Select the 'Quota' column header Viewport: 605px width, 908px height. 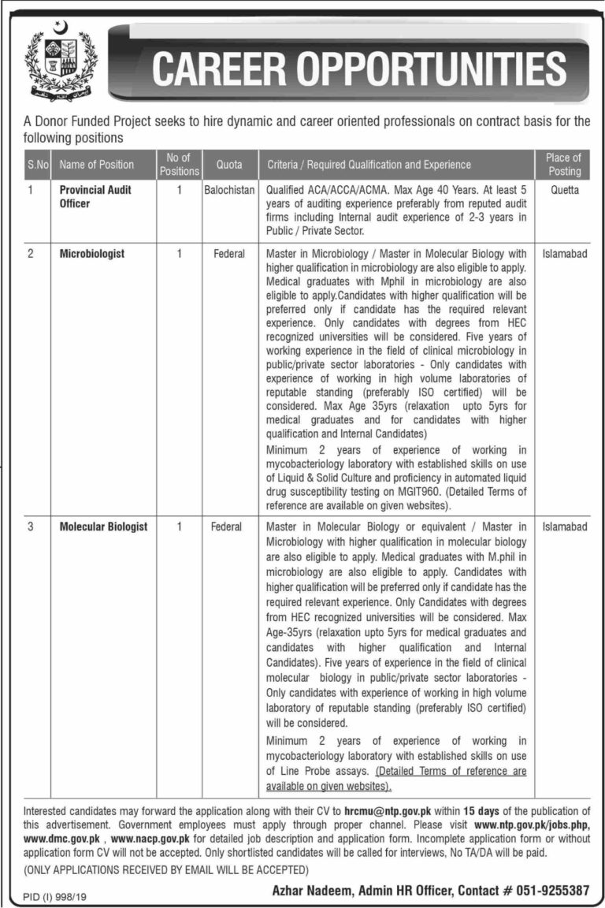[228, 165]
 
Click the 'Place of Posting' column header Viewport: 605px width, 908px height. [563, 165]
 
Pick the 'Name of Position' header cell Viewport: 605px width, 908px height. [97, 165]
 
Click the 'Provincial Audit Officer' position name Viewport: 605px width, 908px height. [95, 197]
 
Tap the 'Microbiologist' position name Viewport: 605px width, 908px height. [92, 255]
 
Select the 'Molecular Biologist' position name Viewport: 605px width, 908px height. [103, 527]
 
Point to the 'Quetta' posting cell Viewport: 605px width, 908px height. [564, 191]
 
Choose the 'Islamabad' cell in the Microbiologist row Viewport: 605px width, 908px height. [564, 255]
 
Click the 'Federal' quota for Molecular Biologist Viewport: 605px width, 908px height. [226, 527]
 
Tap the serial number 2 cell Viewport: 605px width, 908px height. [31, 255]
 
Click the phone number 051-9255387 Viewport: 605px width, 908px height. [551, 890]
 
